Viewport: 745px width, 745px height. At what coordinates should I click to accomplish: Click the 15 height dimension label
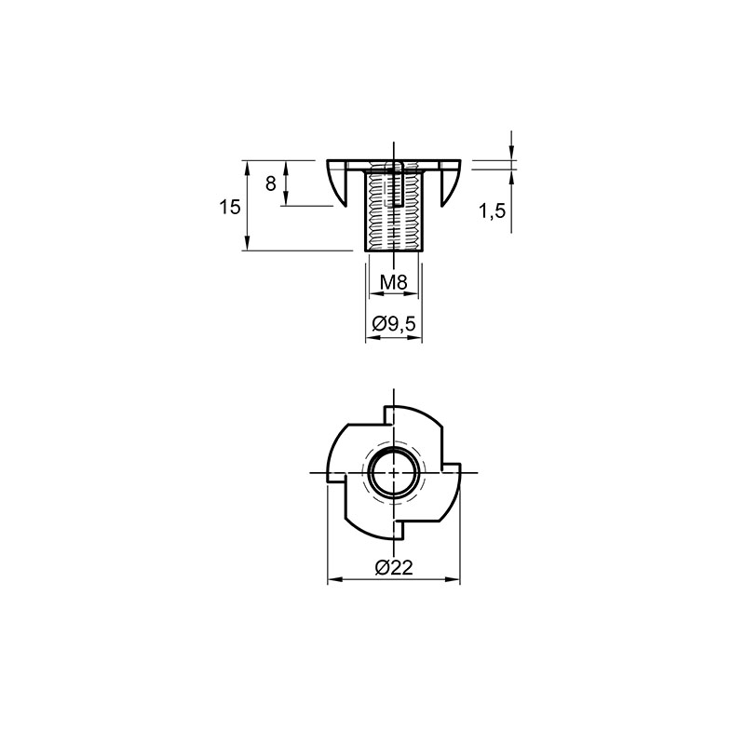230,207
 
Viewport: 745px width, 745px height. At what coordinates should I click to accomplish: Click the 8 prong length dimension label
270,183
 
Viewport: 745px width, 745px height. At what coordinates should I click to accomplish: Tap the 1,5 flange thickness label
492,211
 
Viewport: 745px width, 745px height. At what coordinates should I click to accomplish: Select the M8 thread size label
394,283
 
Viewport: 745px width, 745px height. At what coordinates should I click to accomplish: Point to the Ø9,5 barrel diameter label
394,324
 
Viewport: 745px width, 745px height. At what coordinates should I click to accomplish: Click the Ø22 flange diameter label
394,567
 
